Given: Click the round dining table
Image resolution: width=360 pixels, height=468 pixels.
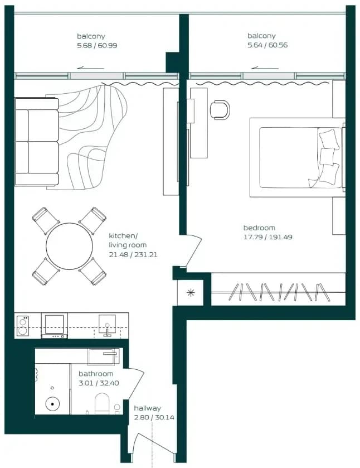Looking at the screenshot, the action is (x=69, y=246).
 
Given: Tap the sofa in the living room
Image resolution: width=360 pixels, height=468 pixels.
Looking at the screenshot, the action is (x=36, y=142).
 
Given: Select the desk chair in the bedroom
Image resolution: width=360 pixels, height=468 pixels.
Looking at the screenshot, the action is (x=220, y=109).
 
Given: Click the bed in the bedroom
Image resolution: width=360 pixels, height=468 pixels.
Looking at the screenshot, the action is (x=298, y=158).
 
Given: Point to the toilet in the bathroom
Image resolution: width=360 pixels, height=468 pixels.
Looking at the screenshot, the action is (x=102, y=404).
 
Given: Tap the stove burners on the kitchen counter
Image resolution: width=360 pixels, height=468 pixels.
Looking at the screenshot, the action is (x=23, y=326).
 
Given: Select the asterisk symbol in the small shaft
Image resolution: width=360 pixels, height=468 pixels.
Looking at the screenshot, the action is (x=191, y=293).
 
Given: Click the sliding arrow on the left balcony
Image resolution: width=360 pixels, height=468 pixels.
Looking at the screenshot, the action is (x=90, y=67).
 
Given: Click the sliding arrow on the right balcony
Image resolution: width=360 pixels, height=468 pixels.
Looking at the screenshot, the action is (x=265, y=67).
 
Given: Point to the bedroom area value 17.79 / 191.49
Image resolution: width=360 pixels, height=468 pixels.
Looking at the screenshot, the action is (x=268, y=237).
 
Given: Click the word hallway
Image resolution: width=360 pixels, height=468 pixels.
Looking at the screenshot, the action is (x=147, y=408).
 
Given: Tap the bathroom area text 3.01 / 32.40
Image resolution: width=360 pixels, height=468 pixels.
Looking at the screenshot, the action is (x=99, y=383).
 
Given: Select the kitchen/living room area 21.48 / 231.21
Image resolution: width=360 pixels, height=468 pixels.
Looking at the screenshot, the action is (x=133, y=254).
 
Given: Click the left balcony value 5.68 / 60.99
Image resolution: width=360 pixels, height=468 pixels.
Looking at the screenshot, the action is (x=97, y=45).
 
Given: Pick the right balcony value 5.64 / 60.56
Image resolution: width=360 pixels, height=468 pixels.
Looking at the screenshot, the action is (x=267, y=45).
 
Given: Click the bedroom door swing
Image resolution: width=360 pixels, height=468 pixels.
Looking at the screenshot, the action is (x=194, y=250).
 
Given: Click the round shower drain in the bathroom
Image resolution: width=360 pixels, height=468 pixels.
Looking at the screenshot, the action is (x=52, y=404).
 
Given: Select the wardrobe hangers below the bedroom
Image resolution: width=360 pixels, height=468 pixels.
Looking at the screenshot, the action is (x=279, y=292).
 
